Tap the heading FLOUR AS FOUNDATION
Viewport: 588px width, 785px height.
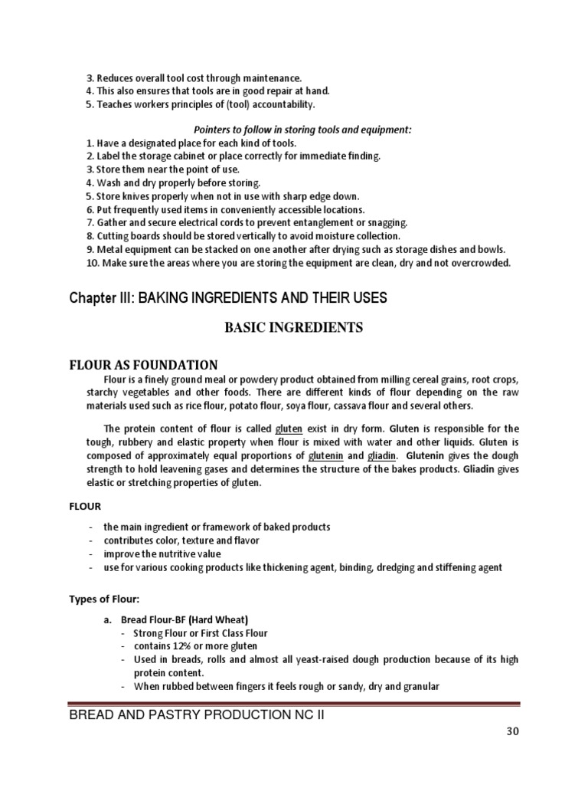pyautogui.click(x=144, y=365)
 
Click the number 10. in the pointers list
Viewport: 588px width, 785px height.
pyautogui.click(x=92, y=263)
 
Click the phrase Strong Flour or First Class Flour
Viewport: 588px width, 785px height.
pyautogui.click(x=201, y=633)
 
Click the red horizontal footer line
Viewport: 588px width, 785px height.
pyautogui.click(x=294, y=702)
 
